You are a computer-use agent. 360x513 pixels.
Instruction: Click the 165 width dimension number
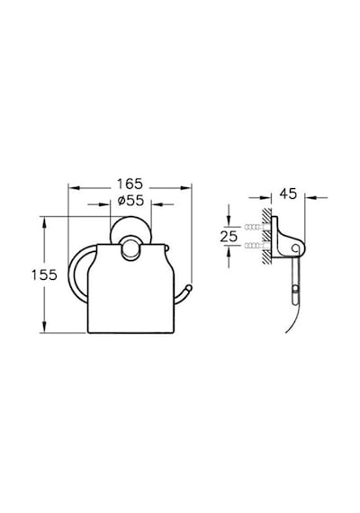[130, 184]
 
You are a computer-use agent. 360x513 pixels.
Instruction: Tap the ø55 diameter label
[130, 201]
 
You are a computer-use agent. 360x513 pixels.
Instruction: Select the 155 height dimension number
[44, 274]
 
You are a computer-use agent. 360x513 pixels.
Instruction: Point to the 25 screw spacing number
[229, 236]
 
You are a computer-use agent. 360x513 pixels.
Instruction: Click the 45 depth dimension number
[288, 193]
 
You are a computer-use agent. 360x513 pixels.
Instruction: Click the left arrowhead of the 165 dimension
[74, 188]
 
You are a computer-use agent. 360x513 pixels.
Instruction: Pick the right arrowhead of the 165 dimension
[185, 188]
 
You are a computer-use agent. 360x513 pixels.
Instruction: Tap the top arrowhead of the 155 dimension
[44, 222]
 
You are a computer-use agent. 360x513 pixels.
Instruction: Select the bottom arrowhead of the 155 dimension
[44, 327]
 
